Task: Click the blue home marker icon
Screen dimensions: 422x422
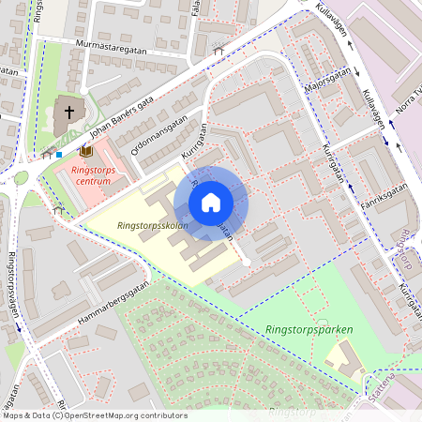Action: pos(211,203)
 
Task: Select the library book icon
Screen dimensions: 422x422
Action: pos(87,150)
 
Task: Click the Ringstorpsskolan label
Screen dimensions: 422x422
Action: pos(153,226)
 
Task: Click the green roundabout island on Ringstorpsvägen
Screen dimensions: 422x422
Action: pos(21,177)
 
